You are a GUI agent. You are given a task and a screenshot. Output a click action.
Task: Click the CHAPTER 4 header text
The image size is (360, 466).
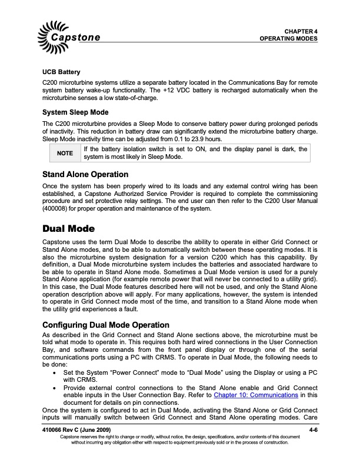301,31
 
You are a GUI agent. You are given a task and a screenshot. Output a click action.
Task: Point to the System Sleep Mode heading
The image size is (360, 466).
74,112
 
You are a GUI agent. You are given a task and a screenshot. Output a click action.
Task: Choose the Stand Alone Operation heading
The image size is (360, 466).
85,175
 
